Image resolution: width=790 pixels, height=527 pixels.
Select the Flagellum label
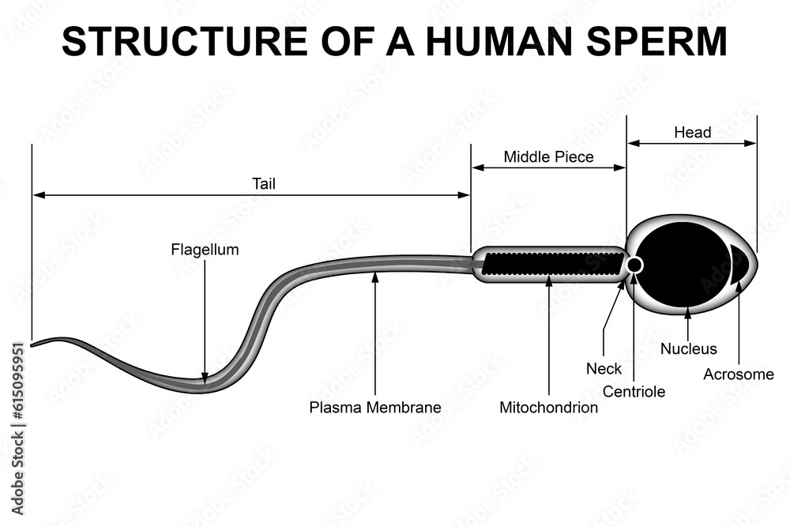pyautogui.click(x=205, y=250)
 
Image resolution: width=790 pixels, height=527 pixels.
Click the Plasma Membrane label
pyautogui.click(x=375, y=408)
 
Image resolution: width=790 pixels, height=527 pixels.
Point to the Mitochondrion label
pyautogui.click(x=548, y=408)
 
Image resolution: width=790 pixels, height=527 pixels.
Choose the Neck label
pyautogui.click(x=604, y=368)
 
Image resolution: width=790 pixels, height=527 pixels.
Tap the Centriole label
pyautogui.click(x=634, y=391)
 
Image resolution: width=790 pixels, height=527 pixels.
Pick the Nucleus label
pyautogui.click(x=689, y=348)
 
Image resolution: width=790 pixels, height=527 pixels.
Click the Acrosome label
pyautogui.click(x=739, y=374)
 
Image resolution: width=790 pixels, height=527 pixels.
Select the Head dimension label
pyautogui.click(x=692, y=132)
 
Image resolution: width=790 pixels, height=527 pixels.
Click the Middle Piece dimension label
pyautogui.click(x=548, y=156)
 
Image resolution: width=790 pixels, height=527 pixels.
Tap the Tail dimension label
pyautogui.click(x=264, y=184)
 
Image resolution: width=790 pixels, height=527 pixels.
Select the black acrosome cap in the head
pyautogui.click(x=741, y=264)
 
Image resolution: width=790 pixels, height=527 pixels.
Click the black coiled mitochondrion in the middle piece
pyautogui.click(x=551, y=263)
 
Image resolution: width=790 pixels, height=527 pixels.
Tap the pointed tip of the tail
pyautogui.click(x=32, y=344)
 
